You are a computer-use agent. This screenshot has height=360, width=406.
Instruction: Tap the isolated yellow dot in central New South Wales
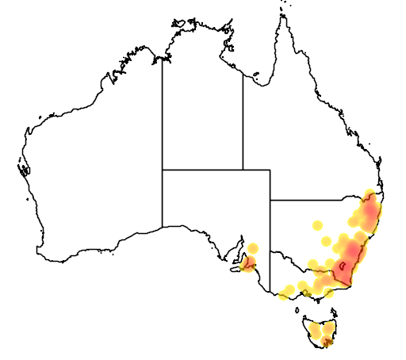tap(318, 225)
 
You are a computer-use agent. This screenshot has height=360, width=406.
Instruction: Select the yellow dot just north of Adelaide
tap(253, 248)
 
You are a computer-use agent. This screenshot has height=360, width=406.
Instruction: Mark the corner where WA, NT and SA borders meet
tap(163, 170)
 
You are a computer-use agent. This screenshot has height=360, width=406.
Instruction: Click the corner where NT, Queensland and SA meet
tap(243, 170)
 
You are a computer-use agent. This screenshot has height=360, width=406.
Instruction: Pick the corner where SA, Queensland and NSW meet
tap(270, 200)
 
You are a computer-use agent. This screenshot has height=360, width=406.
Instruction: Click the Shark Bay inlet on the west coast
tap(24, 169)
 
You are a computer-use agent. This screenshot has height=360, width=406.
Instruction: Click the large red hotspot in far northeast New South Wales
tap(370, 211)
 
